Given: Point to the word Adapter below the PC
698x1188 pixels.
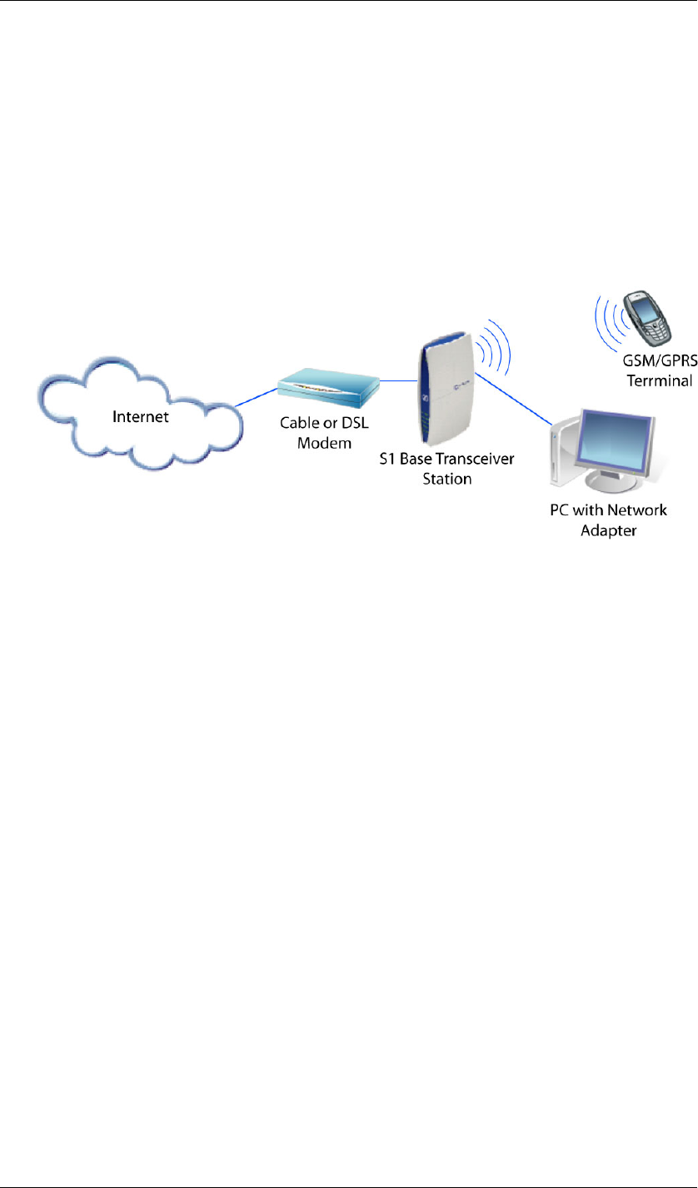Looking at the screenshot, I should click(x=608, y=530).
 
